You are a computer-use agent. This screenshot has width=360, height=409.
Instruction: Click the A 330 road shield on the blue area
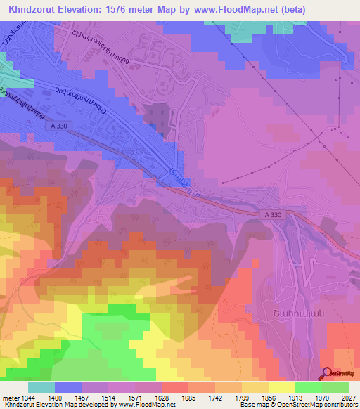[x=62, y=126]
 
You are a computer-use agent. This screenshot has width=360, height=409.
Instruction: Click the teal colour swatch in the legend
[x=41, y=387]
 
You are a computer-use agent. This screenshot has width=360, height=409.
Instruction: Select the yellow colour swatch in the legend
[x=282, y=387]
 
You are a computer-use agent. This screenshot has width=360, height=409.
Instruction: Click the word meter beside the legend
[x=10, y=397]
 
